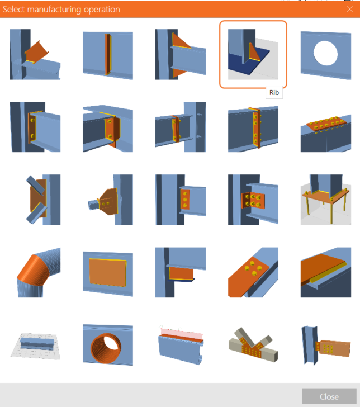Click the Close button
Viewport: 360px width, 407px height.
(x=329, y=396)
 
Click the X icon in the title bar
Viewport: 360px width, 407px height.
(x=349, y=10)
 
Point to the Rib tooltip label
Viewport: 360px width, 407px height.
(x=274, y=93)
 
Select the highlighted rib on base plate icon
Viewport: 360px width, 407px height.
(x=253, y=54)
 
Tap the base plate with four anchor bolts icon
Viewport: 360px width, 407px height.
(x=326, y=200)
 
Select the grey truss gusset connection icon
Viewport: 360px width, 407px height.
(x=253, y=345)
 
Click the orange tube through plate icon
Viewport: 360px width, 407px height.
(x=108, y=345)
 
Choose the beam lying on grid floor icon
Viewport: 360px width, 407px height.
(x=35, y=346)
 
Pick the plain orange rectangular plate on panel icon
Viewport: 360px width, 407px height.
(x=108, y=272)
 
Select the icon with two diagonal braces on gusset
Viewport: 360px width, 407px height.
(x=43, y=200)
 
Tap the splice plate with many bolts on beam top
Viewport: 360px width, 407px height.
(x=326, y=134)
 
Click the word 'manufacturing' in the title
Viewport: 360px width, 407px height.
(x=54, y=10)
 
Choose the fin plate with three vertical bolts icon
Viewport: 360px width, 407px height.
(x=181, y=200)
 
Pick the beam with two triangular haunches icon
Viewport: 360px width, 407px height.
(x=181, y=54)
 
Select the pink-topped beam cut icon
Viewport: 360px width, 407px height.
(x=181, y=345)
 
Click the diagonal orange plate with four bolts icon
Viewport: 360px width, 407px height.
(x=253, y=272)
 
